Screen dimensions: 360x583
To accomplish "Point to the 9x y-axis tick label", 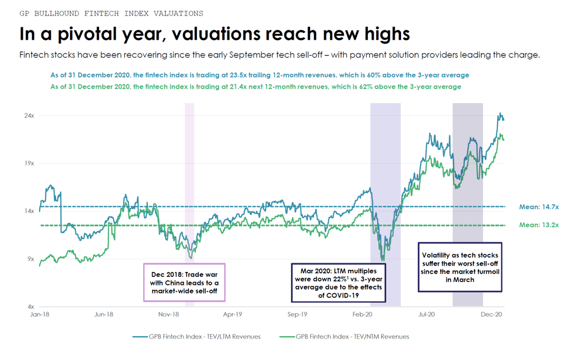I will tap(30, 259).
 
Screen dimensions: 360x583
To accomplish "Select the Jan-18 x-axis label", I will tap(40, 315).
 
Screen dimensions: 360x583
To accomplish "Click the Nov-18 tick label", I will tap(168, 315).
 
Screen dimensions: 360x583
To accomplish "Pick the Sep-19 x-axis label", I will tap(297, 315).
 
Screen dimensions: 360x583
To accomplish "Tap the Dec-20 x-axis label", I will tap(491, 315).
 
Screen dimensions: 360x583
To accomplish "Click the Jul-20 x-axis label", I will tap(426, 315).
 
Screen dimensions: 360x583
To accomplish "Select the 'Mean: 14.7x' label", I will tap(539, 207).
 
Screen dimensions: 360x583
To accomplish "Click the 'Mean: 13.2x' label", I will tap(539, 225).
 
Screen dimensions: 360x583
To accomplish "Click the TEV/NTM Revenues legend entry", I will tap(345, 337).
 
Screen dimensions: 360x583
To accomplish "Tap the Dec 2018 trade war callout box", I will tap(184, 283).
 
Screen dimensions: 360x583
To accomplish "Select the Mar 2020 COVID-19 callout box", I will tap(338, 283).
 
